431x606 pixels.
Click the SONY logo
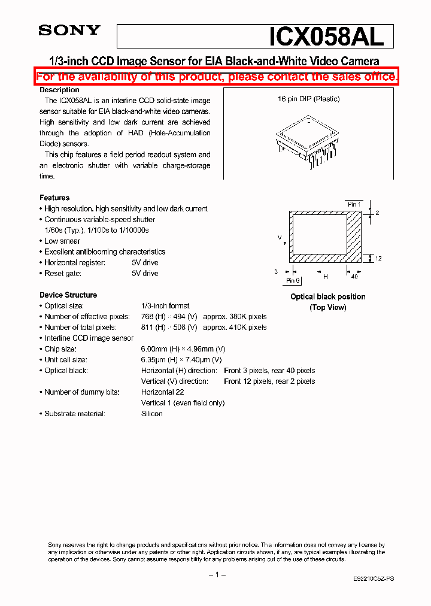[69, 31]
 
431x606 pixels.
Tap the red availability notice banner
[216, 77]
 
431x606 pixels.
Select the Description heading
[59, 90]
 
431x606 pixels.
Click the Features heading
[54, 198]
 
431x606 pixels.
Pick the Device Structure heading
[68, 295]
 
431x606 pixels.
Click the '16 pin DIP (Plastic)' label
[308, 99]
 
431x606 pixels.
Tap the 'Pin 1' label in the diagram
[354, 204]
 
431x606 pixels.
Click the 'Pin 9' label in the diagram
[292, 280]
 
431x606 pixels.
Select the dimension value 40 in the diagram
[354, 277]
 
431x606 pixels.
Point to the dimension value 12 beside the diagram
[378, 258]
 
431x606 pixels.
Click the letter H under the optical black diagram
[326, 277]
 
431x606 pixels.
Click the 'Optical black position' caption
[327, 296]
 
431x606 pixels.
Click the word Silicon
[151, 414]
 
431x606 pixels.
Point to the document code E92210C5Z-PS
[373, 578]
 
